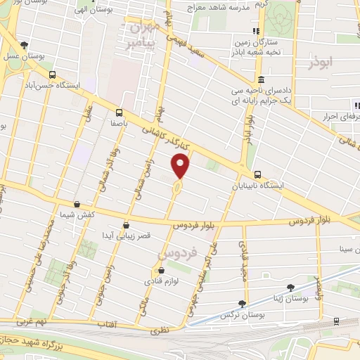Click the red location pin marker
(x=181, y=165)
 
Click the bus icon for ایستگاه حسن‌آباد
(x=52, y=75)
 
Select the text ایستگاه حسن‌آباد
(x=52, y=87)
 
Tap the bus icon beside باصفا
(x=118, y=112)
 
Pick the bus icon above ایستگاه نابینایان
(x=258, y=174)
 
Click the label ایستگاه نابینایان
(x=261, y=186)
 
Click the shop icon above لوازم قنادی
(x=161, y=271)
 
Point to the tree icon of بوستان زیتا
(x=290, y=287)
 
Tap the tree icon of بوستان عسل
(x=25, y=44)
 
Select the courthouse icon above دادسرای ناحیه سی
(x=261, y=78)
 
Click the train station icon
(x=335, y=321)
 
